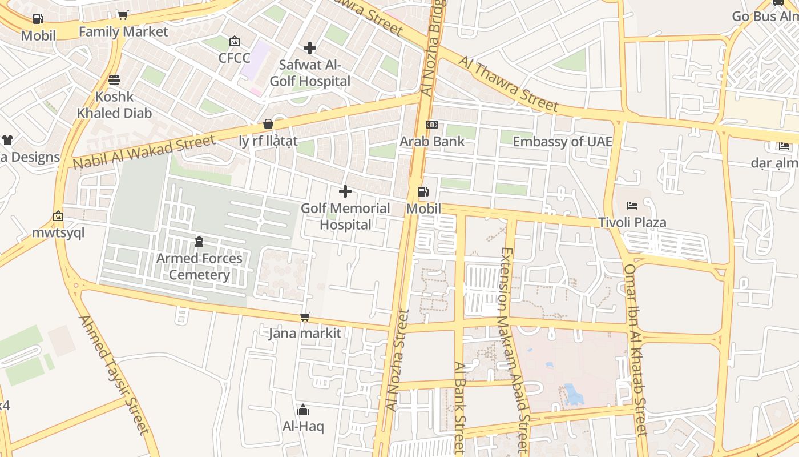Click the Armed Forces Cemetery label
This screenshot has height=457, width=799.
[199, 267]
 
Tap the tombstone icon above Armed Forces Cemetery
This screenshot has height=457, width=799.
[199, 242]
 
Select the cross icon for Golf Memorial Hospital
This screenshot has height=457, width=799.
[345, 191]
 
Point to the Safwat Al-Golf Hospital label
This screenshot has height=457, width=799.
[310, 73]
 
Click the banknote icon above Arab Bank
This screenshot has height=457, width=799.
[432, 125]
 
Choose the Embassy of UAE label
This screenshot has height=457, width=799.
[562, 142]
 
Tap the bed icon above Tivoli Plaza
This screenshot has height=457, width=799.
[632, 206]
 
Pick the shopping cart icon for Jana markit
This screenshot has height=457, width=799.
[305, 316]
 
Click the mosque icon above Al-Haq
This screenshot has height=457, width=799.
[303, 410]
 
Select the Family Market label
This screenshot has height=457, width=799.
[123, 31]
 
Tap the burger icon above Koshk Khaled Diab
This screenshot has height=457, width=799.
[114, 79]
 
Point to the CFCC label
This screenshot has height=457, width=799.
[234, 58]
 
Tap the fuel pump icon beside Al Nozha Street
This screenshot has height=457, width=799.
[423, 193]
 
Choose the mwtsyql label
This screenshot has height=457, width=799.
[58, 232]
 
